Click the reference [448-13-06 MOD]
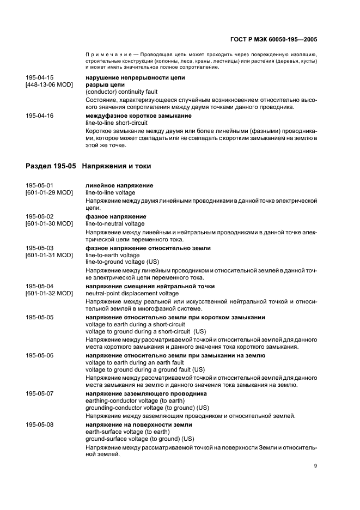pyautogui.click(x=50, y=84)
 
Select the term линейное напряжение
pyautogui.click(x=119, y=185)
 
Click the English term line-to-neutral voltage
pyautogui.click(x=115, y=223)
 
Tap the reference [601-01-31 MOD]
pyautogui.click(x=50, y=255)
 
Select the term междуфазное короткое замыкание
pyautogui.click(x=138, y=116)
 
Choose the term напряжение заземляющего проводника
pyautogui.click(x=146, y=393)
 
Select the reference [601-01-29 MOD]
pyautogui.click(x=50, y=192)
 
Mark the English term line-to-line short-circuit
pyautogui.click(x=117, y=123)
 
